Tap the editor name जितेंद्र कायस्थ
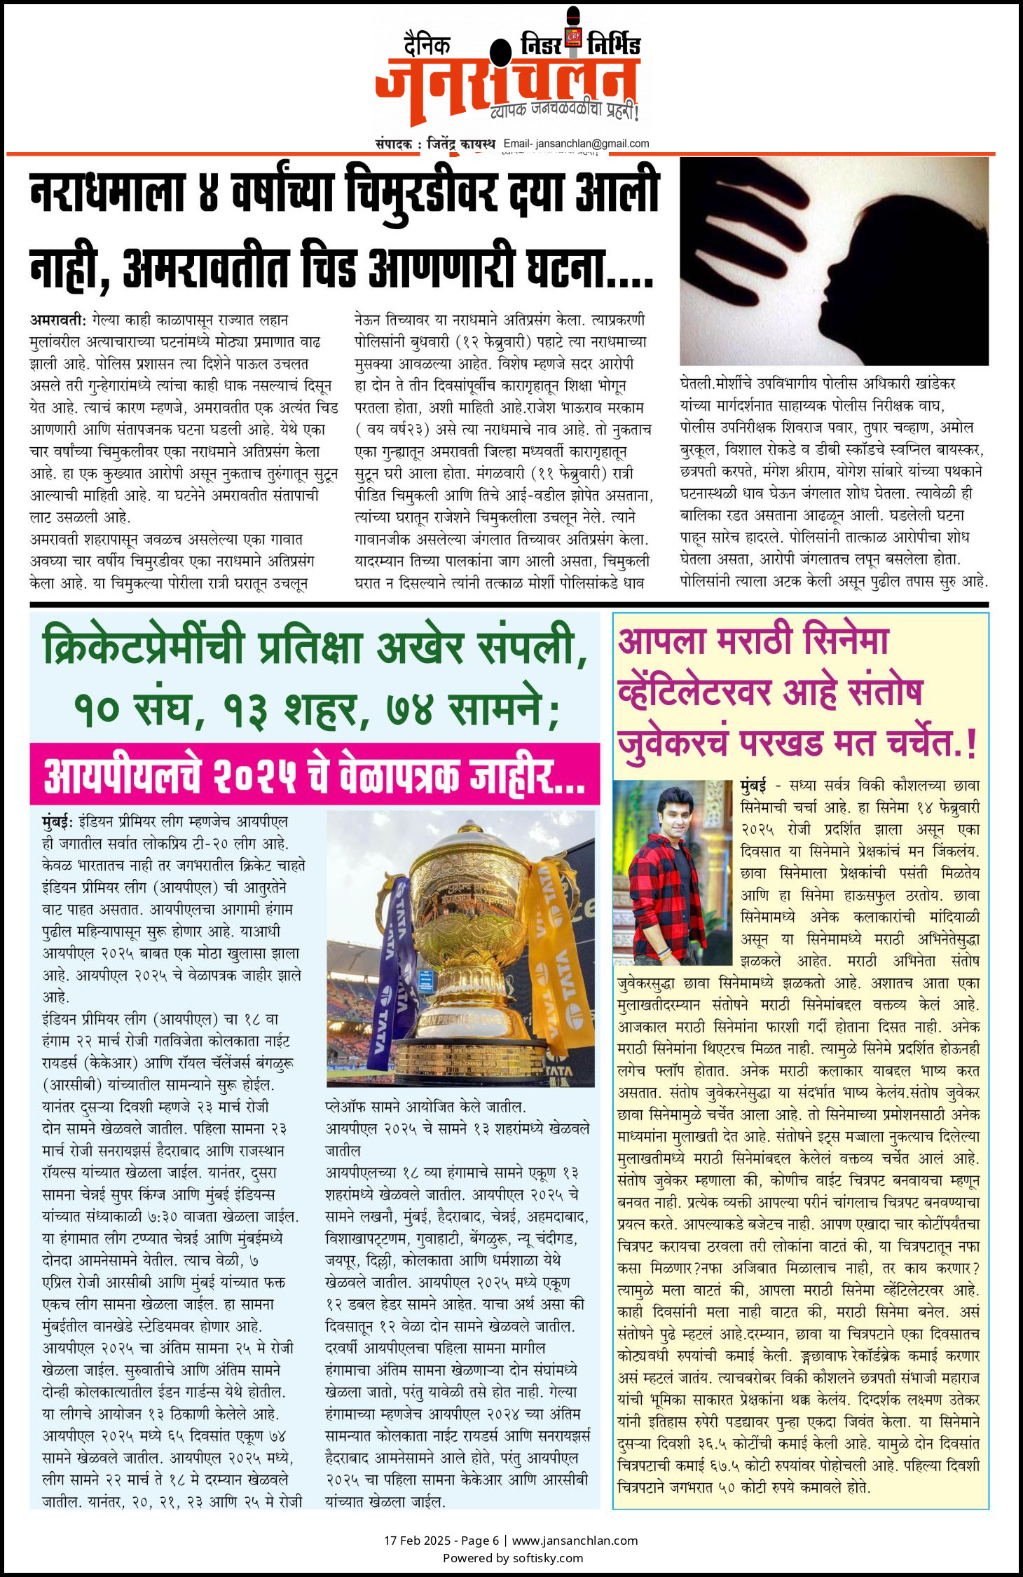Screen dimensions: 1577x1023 (460, 144)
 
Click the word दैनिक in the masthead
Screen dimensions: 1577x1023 (427, 46)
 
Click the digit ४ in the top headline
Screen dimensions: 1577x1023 (208, 193)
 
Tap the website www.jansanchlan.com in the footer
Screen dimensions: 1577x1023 (575, 1541)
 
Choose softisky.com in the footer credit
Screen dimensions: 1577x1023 (547, 1558)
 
